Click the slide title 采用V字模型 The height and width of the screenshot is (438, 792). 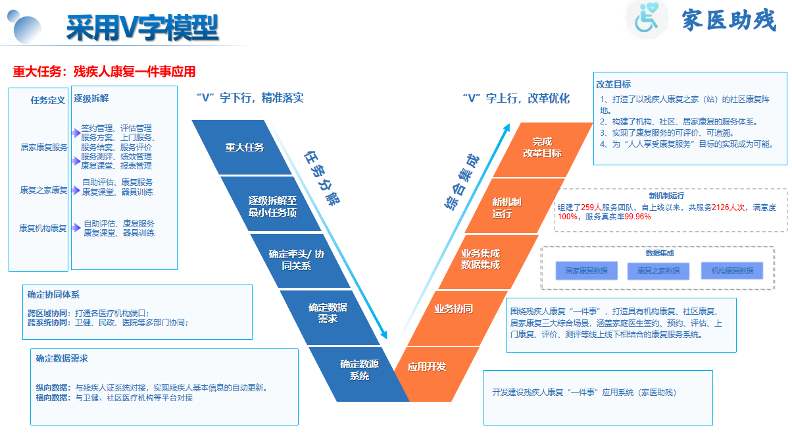(x=142, y=27)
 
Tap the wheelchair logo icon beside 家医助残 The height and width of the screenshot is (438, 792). (x=647, y=20)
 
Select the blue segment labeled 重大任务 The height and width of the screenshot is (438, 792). (x=244, y=148)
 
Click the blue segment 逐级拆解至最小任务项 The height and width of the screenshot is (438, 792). (x=272, y=205)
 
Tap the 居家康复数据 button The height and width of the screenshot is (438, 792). (x=586, y=271)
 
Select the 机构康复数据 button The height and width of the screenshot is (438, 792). (x=732, y=271)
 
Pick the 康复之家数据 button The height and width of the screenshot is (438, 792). (x=658, y=271)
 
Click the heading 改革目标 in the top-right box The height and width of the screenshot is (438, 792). (x=613, y=84)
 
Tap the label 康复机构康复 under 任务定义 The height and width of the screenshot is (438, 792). (x=43, y=229)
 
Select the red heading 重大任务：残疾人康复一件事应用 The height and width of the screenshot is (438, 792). (x=104, y=71)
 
